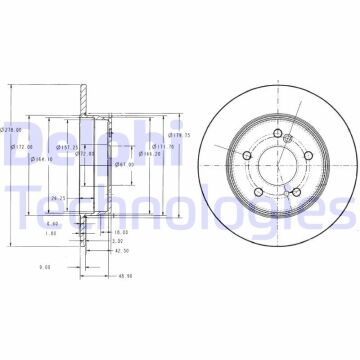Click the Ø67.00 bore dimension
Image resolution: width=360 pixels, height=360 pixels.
[124, 164]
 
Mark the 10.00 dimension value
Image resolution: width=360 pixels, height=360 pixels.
[120, 202]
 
